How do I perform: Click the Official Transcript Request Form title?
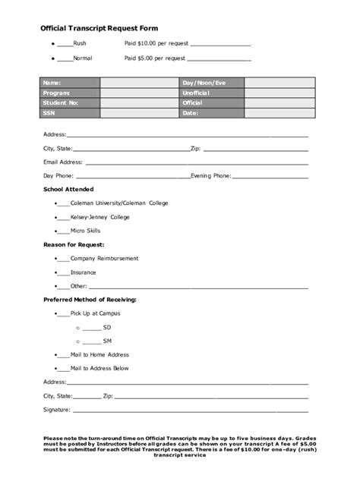click(99, 27)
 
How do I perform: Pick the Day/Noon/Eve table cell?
click(204, 82)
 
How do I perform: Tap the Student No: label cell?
click(61, 102)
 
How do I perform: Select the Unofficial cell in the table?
click(199, 93)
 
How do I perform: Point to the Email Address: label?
click(62, 162)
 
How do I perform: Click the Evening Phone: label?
click(210, 175)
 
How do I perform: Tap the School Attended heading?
click(70, 189)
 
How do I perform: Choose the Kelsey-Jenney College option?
click(99, 216)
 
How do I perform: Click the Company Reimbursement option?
click(104, 258)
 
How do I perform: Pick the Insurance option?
click(83, 272)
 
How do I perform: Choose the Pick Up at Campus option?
click(95, 313)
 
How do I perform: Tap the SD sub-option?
click(107, 327)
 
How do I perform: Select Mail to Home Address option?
click(99, 354)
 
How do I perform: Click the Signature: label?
click(57, 410)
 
